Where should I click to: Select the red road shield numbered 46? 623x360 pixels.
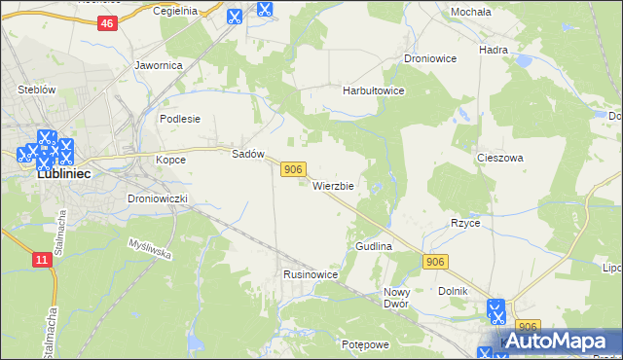pyautogui.click(x=108, y=23)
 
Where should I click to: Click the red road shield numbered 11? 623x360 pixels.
pyautogui.click(x=41, y=260)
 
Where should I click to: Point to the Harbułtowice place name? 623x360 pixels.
pyautogui.click(x=373, y=90)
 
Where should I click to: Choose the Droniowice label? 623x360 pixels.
pyautogui.click(x=430, y=58)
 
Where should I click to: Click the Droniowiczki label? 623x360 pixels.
pyautogui.click(x=164, y=198)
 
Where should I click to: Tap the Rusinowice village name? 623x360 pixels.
pyautogui.click(x=311, y=275)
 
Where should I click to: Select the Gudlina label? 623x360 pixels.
pyautogui.click(x=373, y=247)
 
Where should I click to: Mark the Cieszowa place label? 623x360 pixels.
pyautogui.click(x=500, y=157)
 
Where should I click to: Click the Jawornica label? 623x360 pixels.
pyautogui.click(x=159, y=66)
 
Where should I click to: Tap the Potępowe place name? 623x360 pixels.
pyautogui.click(x=365, y=344)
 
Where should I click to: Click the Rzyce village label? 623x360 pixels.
pyautogui.click(x=465, y=223)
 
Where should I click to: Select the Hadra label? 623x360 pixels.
pyautogui.click(x=495, y=49)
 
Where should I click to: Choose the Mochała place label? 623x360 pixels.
pyautogui.click(x=470, y=12)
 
